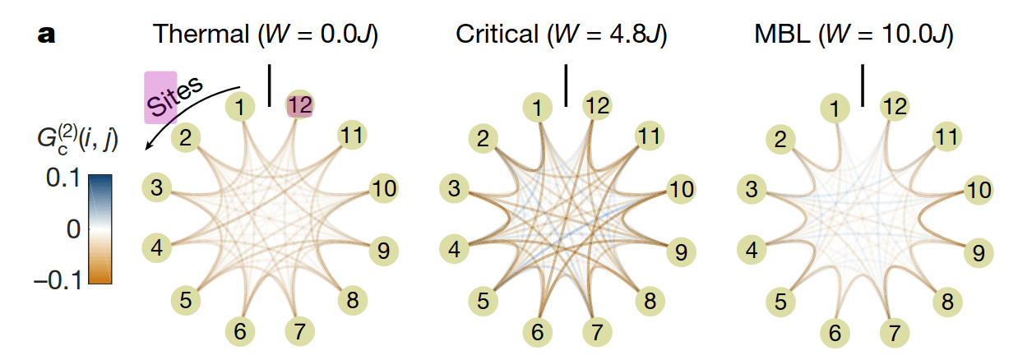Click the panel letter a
pyautogui.click(x=46, y=35)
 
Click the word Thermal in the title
pyautogui.click(x=201, y=34)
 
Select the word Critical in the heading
pyautogui.click(x=497, y=34)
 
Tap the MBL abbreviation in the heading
pyautogui.click(x=782, y=34)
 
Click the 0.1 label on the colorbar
pyautogui.click(x=63, y=178)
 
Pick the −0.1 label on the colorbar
pyautogui.click(x=58, y=280)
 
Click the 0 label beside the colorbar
pyautogui.click(x=74, y=229)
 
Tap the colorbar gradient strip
pyautogui.click(x=100, y=229)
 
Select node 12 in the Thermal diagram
pyautogui.click(x=300, y=105)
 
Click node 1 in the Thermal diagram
pyautogui.click(x=240, y=107)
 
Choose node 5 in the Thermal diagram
pyautogui.click(x=185, y=300)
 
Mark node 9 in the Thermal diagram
pyautogui.click(x=383, y=251)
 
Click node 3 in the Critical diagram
pyautogui.click(x=454, y=188)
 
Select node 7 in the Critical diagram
pyautogui.click(x=597, y=332)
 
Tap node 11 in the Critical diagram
pyautogui.click(x=650, y=136)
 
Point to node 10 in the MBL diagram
pyautogui.click(x=979, y=190)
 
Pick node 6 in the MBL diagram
pyautogui.click(x=835, y=333)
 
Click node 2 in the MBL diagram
pyautogui.click(x=780, y=139)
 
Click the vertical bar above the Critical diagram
pyautogui.click(x=566, y=85)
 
